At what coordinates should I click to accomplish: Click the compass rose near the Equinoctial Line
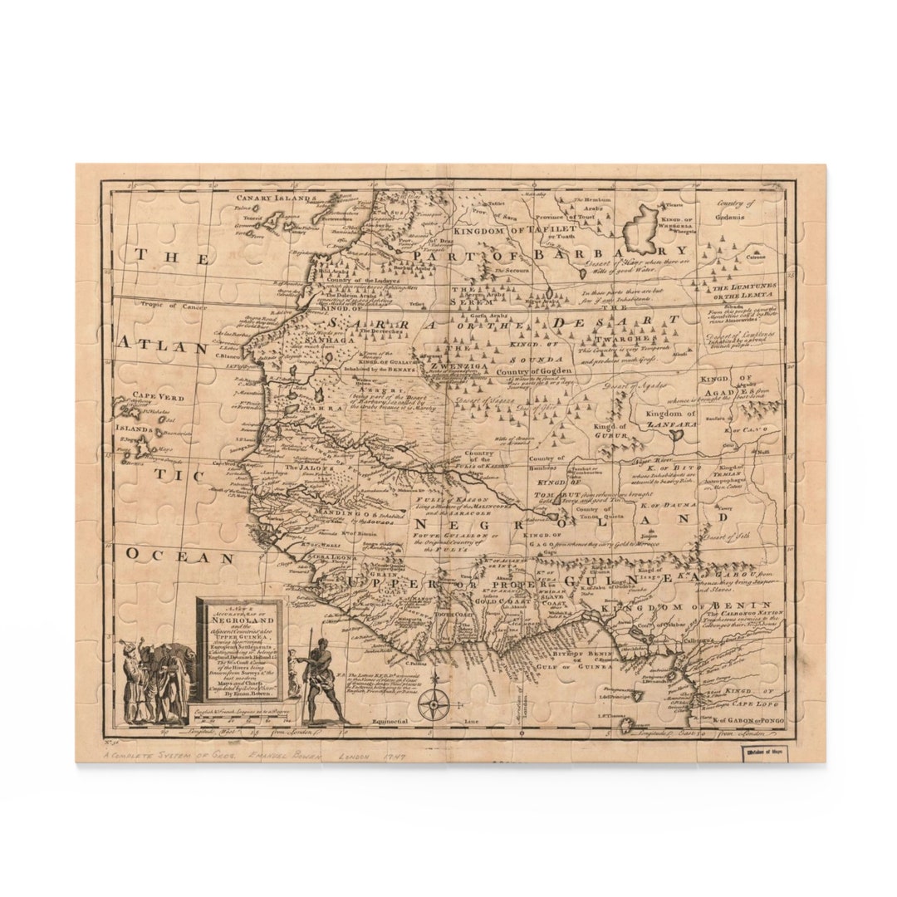(434, 705)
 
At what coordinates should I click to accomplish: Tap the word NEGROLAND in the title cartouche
(240, 620)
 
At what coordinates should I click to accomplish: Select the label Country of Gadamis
(735, 209)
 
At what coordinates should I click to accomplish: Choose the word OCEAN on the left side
(181, 557)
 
